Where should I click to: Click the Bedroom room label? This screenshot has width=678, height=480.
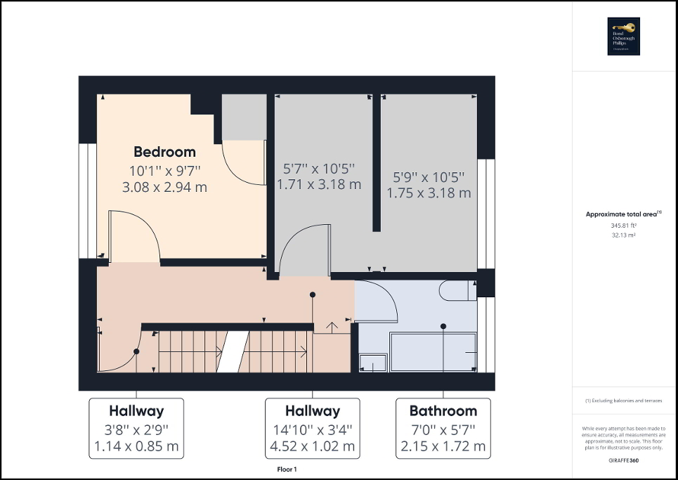tap(164, 152)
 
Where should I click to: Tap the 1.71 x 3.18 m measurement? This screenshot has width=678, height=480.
tap(319, 185)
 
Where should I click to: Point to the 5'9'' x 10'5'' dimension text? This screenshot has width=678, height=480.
tap(429, 176)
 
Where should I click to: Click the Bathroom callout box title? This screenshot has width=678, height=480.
tap(443, 411)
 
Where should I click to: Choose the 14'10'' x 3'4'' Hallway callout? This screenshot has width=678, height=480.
tap(313, 429)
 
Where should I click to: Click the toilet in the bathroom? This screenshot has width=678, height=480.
tap(456, 290)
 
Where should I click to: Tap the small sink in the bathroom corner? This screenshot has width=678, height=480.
tap(372, 363)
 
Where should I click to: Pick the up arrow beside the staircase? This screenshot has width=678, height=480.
tap(331, 325)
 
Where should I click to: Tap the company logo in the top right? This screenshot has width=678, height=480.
tap(624, 36)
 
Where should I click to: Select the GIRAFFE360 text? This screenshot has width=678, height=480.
tap(624, 459)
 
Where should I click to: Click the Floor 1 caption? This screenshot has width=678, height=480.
tap(287, 469)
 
